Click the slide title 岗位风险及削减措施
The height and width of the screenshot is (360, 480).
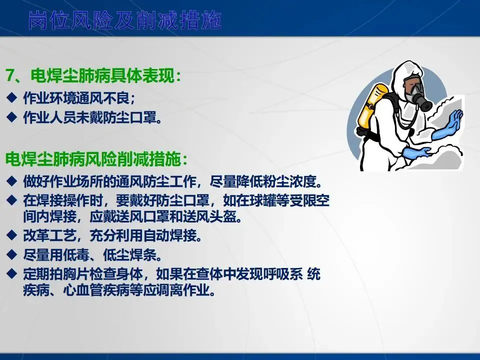point(125,20)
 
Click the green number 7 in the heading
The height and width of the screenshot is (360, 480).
point(10,75)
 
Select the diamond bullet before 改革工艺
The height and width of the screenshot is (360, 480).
point(11,235)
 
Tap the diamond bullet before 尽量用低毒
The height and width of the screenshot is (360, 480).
point(11,254)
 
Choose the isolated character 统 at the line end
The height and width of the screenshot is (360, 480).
point(314,273)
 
